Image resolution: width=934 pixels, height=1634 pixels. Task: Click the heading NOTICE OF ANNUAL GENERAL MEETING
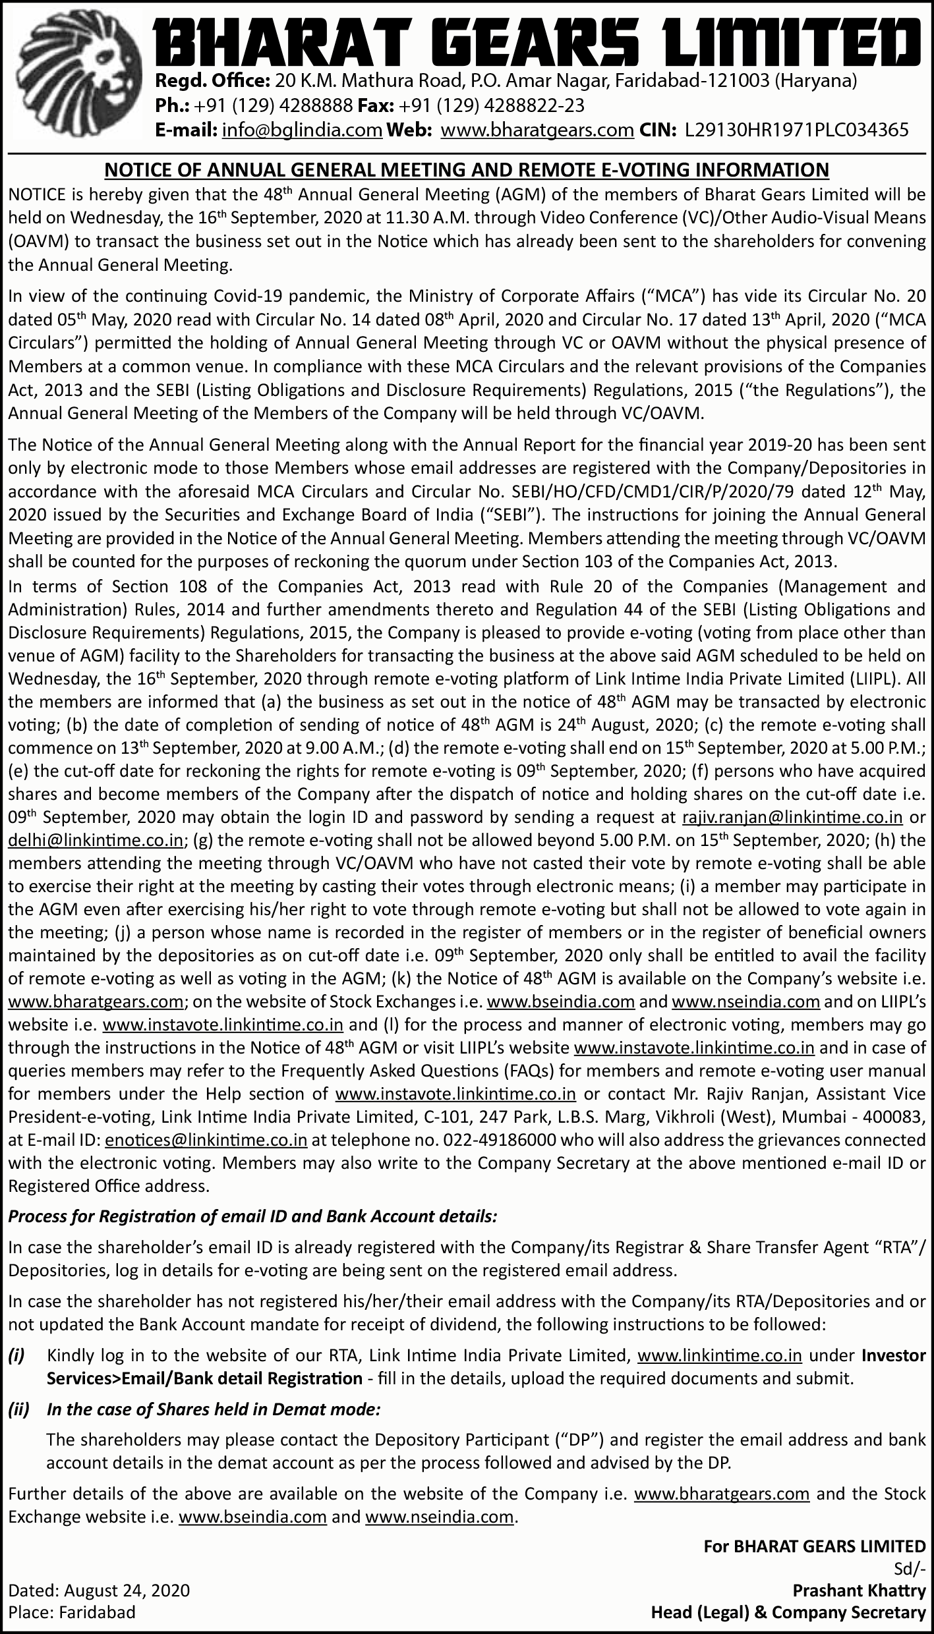467,171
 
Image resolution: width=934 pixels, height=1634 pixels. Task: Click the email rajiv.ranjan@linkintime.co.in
792,818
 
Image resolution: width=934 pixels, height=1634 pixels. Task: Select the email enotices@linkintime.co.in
206,1140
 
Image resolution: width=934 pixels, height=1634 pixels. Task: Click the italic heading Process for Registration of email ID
252,1217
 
